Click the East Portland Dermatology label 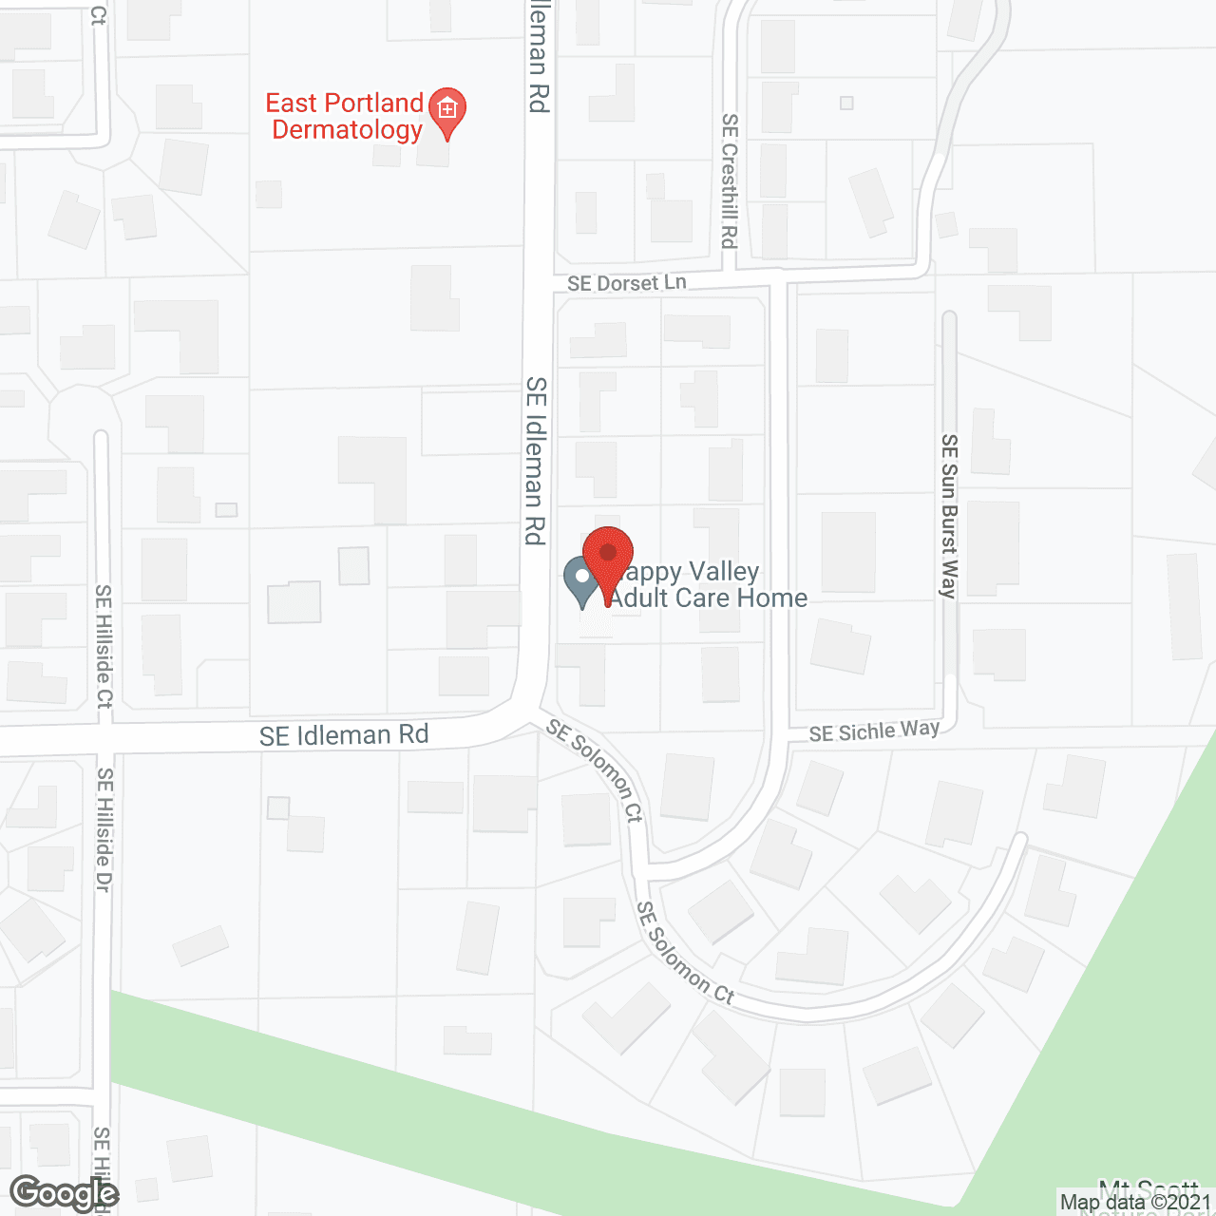tap(345, 116)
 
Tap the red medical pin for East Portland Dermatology tap(446, 111)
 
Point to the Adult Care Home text tap(709, 598)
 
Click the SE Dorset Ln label tap(627, 283)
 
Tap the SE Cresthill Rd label tap(729, 180)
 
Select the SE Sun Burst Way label tap(949, 516)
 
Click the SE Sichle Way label tap(874, 731)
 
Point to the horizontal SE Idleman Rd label tap(344, 735)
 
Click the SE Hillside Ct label tap(104, 646)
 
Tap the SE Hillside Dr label tap(104, 829)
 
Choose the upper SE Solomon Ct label tap(596, 769)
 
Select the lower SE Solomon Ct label tap(685, 953)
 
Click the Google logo tap(65, 1193)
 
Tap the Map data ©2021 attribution tap(1136, 1203)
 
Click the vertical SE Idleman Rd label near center tap(536, 461)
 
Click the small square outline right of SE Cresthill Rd tap(846, 103)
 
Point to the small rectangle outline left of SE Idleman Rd tap(226, 510)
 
